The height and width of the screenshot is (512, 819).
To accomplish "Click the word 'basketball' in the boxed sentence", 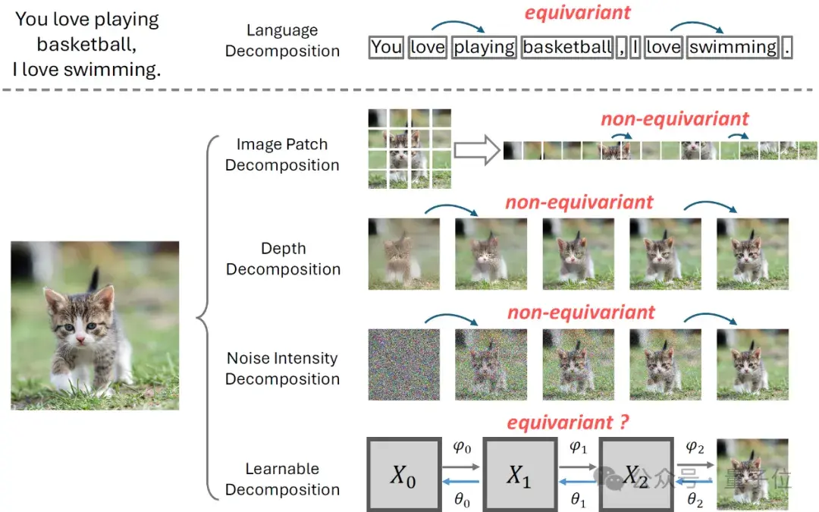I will [x=567, y=47].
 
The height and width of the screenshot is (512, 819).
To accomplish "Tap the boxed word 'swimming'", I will [x=733, y=47].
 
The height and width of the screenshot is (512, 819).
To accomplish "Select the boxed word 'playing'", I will [x=484, y=47].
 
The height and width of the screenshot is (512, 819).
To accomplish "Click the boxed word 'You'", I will [x=387, y=47].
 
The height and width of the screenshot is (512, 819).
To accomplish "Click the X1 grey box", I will [x=519, y=474].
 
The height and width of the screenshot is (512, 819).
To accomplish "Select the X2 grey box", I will [x=635, y=474].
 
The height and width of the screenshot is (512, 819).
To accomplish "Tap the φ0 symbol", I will [x=461, y=448].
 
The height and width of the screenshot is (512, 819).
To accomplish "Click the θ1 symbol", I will [x=578, y=500].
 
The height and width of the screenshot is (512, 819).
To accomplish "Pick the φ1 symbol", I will [x=578, y=448].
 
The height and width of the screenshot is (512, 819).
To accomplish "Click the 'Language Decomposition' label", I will [x=282, y=41].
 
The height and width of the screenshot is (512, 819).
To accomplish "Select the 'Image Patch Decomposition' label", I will [x=282, y=155].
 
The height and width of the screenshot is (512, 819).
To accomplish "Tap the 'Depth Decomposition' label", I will [x=283, y=259].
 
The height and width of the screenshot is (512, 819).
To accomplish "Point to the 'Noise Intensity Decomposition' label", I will [x=282, y=368].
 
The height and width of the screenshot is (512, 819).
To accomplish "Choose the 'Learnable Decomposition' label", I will [x=282, y=479].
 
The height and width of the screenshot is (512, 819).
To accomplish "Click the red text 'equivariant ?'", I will [x=568, y=422].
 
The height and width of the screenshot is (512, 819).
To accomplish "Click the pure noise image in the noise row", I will [x=404, y=364].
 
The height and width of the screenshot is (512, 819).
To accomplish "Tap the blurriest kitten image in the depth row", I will [x=404, y=254].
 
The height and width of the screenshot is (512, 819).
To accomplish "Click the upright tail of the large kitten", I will [x=95, y=279].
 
